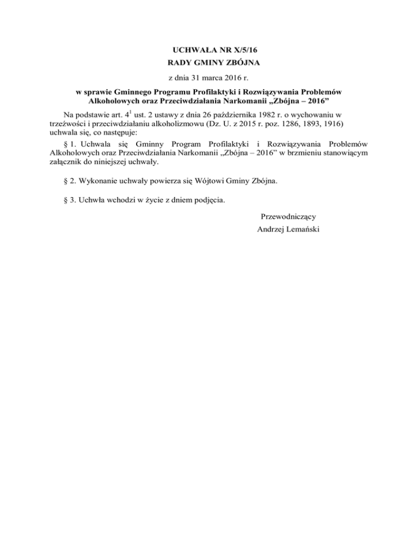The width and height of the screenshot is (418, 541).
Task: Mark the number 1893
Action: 303,124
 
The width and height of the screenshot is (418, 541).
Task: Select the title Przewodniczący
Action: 288,217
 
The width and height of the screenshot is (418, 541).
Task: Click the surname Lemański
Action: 303,229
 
